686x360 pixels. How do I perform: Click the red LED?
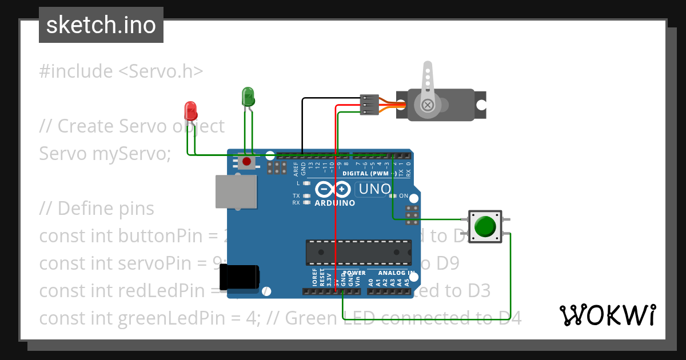190,110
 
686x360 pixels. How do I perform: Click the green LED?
248,96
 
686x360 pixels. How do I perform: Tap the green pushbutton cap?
485,226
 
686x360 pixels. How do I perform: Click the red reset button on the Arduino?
246,162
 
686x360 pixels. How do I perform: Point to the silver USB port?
234,191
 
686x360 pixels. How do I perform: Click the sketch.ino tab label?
101,25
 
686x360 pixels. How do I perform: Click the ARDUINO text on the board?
335,203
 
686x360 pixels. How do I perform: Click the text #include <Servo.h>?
121,71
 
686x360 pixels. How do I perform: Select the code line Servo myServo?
105,154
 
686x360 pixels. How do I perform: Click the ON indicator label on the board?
403,196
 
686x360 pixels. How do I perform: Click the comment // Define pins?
97,209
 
